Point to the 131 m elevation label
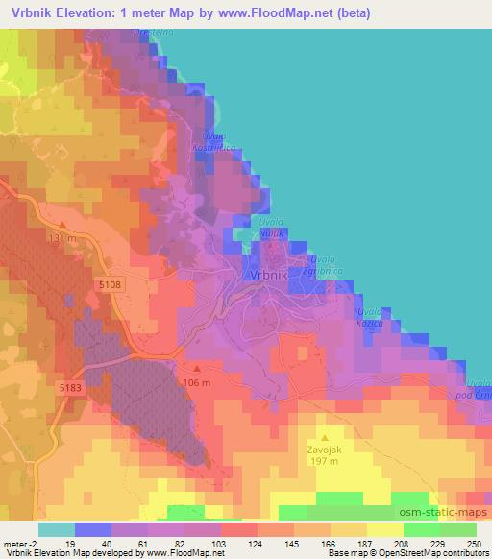click(x=62, y=237)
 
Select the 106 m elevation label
click(x=197, y=382)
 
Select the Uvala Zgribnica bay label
click(x=327, y=265)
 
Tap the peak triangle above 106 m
click(x=196, y=368)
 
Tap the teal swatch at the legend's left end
click(x=57, y=529)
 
